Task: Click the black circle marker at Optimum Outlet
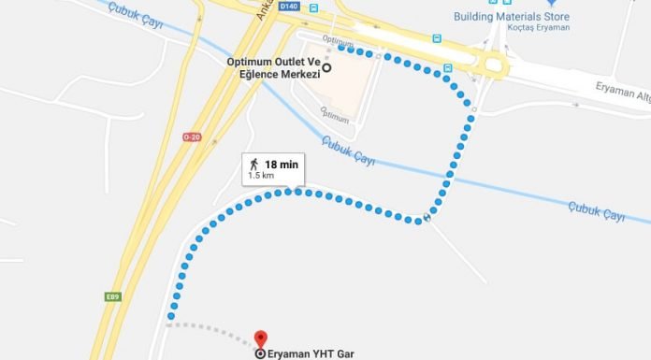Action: click(326, 67)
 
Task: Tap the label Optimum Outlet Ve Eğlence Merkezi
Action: click(274, 67)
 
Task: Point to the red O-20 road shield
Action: click(192, 137)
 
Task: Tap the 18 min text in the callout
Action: click(281, 165)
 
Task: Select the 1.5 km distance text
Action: click(261, 176)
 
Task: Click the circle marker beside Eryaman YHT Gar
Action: click(260, 353)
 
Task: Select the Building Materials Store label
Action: click(511, 16)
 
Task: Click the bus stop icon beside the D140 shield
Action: click(313, 7)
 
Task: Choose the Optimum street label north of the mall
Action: click(338, 41)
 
